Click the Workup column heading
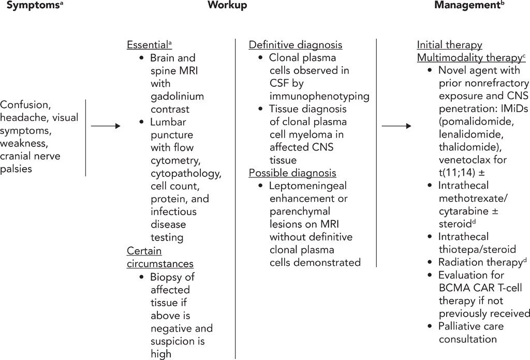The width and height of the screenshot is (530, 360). pos(227,6)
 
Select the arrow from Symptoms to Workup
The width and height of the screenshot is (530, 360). pos(106,126)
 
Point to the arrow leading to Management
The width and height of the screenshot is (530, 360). pos(396,126)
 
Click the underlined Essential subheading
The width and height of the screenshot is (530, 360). pos(148,45)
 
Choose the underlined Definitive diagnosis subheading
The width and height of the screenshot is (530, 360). pos(296,45)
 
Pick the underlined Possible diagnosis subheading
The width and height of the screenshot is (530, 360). pos(292,173)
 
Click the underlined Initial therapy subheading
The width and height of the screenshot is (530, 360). pos(449,45)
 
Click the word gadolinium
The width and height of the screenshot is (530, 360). pos(177,96)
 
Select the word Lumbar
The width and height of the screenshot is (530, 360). pos(168,122)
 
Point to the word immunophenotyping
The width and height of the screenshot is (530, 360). pos(319,96)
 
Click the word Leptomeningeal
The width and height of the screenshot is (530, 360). pos(308,186)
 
